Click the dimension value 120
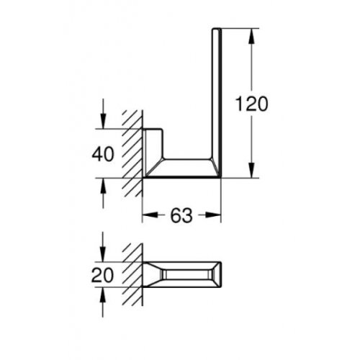coord(251,104)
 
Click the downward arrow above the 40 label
coord(105,122)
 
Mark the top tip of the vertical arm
coord(214,31)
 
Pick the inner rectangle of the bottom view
coord(189,274)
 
